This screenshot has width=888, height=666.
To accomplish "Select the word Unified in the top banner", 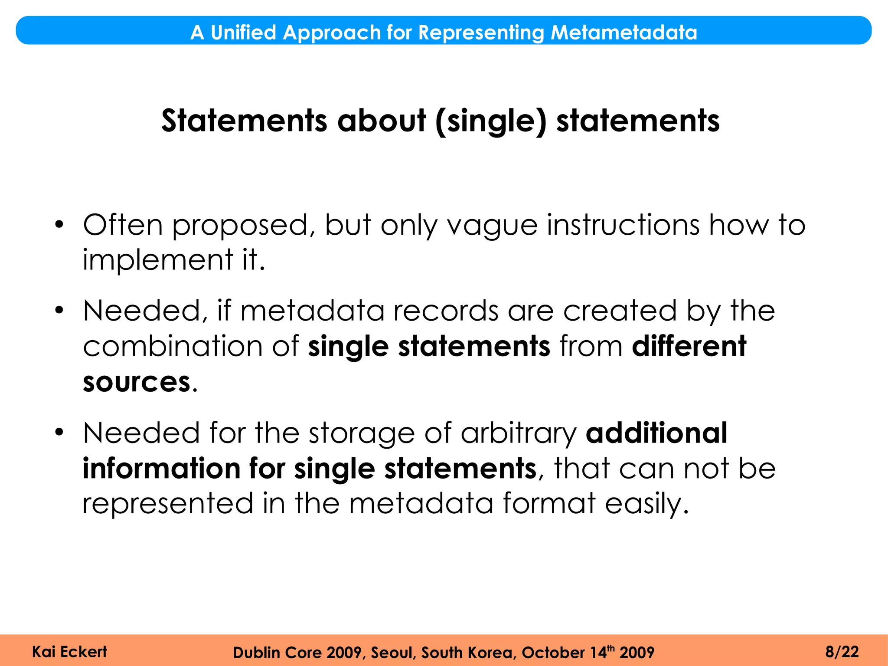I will [x=243, y=33].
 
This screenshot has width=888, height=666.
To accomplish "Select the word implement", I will [x=158, y=260].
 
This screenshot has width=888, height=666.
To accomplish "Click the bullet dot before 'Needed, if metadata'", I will [x=59, y=310].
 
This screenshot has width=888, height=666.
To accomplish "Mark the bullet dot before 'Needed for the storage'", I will [x=59, y=432].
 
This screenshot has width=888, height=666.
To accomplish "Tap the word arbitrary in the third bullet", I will [x=518, y=433].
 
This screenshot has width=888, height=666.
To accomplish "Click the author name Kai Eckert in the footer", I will [x=69, y=652].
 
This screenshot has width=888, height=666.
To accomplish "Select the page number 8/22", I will [x=842, y=652].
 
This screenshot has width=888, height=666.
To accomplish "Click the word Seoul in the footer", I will [x=394, y=653].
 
